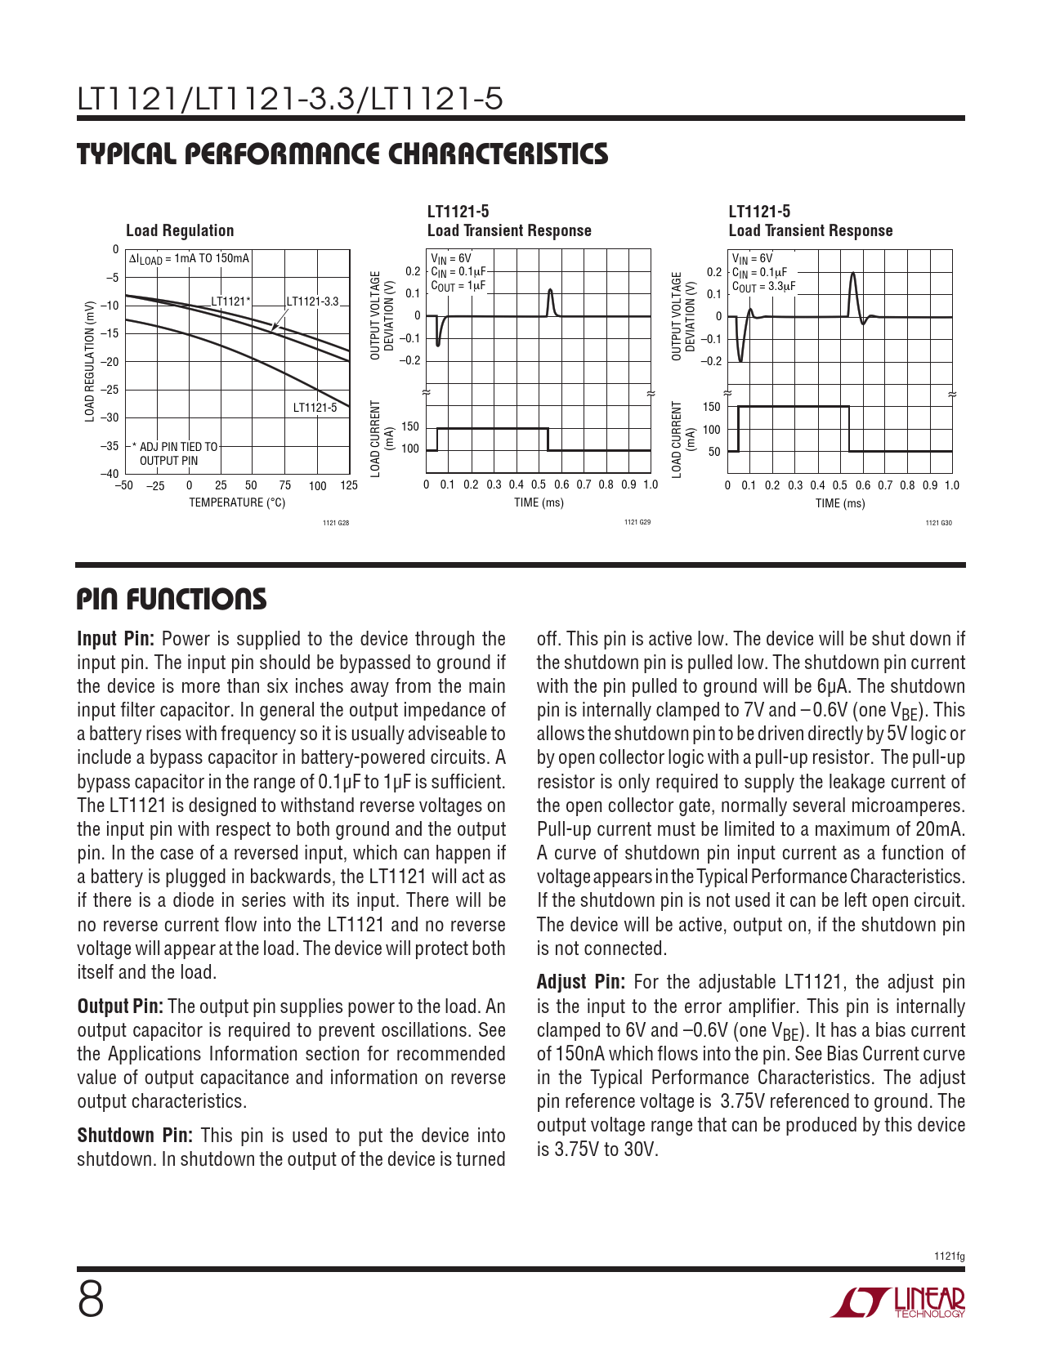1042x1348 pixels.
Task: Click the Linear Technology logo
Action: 898,1302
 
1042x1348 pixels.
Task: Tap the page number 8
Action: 91,1300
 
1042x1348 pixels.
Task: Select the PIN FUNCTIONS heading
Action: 172,600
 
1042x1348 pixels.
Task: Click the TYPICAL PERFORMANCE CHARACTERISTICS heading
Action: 342,154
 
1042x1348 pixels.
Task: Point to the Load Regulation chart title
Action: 180,231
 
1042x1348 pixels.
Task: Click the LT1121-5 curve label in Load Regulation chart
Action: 315,408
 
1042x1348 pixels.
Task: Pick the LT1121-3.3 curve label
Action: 312,301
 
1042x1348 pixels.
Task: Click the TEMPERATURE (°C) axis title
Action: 237,502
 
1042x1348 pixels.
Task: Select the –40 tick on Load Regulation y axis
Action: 110,474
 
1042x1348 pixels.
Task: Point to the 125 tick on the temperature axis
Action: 349,486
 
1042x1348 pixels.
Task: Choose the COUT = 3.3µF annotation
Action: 763,287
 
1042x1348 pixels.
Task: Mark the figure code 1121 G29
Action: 637,522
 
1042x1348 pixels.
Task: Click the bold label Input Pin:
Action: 116,639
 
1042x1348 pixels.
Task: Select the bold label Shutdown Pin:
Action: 135,1136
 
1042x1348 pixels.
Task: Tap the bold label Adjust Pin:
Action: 581,982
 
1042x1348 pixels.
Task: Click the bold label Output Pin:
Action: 120,1007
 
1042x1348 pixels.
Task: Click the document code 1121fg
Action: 950,1256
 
